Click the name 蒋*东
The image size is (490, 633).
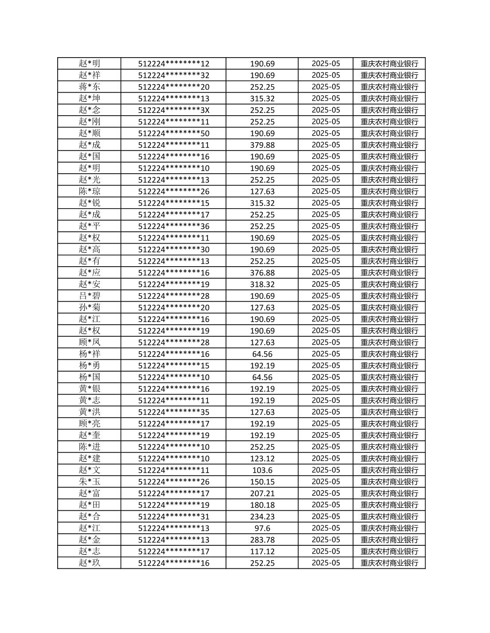point(89,87)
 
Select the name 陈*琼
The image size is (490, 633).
point(89,191)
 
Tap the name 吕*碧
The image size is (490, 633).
point(89,296)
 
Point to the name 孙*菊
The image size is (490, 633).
point(89,307)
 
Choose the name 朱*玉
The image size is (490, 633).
point(89,482)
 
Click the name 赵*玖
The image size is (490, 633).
point(89,563)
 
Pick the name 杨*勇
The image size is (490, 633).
point(89,365)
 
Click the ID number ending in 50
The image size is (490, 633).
point(173,133)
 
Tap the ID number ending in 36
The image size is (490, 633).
point(173,226)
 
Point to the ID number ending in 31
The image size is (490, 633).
point(173,516)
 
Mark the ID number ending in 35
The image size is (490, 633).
point(173,412)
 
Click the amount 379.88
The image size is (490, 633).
point(262,145)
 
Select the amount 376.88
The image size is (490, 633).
point(262,272)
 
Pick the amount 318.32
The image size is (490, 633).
point(262,284)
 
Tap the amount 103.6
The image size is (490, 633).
point(262,470)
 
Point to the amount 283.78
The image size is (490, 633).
point(262,540)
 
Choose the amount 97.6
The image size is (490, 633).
point(262,528)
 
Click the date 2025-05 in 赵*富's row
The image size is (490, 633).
point(325,493)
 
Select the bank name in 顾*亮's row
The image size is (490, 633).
point(389,423)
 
